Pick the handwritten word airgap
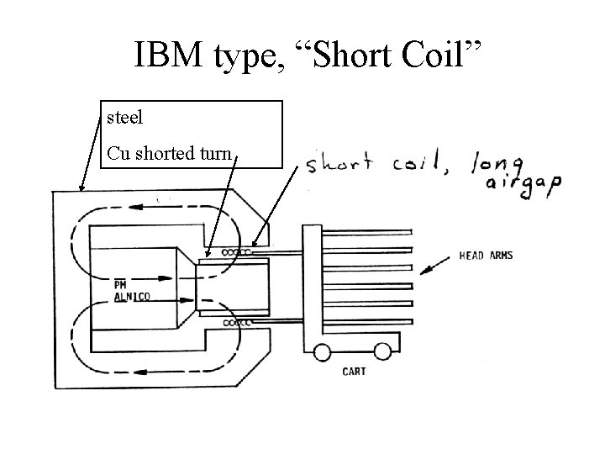522,187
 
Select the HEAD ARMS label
485,256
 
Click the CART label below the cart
353,371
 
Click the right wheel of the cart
381,351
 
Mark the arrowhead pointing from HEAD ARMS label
424,271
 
